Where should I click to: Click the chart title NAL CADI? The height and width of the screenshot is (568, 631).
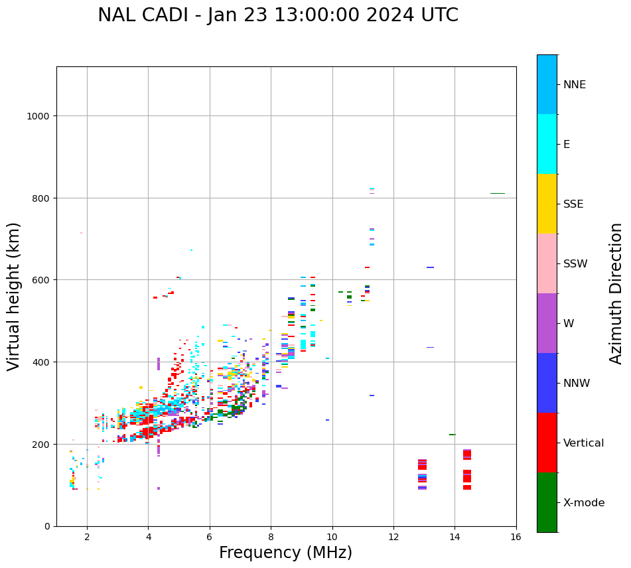[277, 15]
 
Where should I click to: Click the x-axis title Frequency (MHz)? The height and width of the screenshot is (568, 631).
[285, 553]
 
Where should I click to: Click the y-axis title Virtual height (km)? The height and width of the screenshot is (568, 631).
[14, 296]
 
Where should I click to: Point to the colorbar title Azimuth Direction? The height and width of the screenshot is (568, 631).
[616, 293]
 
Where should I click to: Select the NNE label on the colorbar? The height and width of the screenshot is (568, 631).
[575, 85]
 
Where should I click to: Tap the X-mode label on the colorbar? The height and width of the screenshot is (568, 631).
[584, 503]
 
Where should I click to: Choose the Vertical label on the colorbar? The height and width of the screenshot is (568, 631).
[584, 443]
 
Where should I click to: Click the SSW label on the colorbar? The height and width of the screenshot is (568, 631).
[575, 264]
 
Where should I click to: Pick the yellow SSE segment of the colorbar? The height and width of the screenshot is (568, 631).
[547, 204]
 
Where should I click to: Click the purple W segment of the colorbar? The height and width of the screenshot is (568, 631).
[547, 323]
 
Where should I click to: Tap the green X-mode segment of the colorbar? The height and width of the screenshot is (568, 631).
[547, 502]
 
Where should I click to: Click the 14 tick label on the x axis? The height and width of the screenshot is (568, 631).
[455, 538]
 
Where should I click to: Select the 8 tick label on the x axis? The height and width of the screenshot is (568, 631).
[271, 538]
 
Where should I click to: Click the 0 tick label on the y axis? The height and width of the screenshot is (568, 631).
[47, 526]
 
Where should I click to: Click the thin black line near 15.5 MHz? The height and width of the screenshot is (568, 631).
[498, 193]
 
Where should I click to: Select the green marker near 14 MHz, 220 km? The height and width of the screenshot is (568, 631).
[453, 435]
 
